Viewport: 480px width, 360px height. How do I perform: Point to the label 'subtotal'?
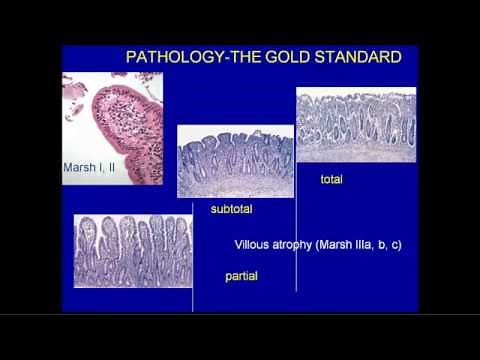click(232, 210)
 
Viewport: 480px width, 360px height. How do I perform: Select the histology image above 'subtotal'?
click(236, 161)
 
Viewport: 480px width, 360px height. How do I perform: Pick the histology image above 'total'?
click(355, 125)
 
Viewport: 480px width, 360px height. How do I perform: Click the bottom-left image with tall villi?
click(133, 250)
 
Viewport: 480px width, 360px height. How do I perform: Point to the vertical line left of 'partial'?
click(193, 270)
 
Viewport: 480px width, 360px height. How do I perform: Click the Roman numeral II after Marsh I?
click(110, 168)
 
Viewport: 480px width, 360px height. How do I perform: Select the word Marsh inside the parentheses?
click(346, 243)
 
